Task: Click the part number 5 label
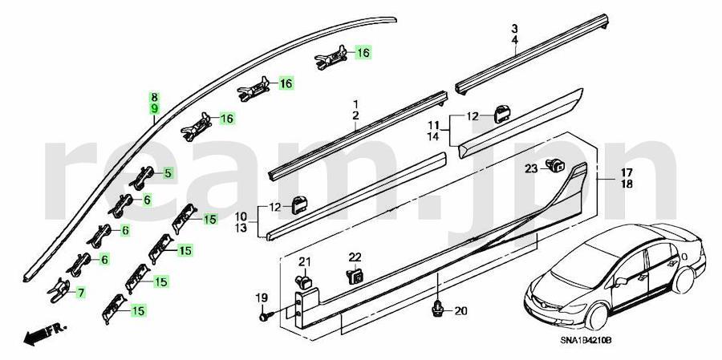pos(168,173)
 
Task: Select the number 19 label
pos(261,297)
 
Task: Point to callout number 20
pos(460,312)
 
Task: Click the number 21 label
pos(304,262)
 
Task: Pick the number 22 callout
pos(355,257)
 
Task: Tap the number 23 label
pos(531,169)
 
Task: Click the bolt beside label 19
pos(266,317)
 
